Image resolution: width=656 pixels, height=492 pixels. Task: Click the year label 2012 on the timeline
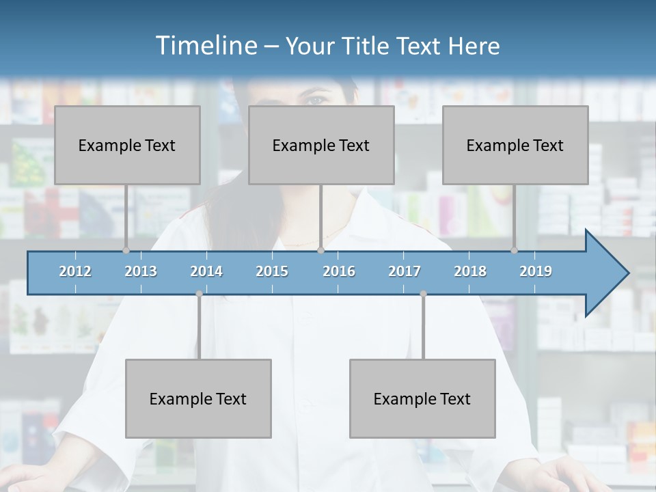pyautogui.click(x=75, y=271)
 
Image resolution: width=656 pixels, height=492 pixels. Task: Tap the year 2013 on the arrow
pyautogui.click(x=141, y=271)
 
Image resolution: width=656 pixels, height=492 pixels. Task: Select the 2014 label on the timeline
pyautogui.click(x=206, y=271)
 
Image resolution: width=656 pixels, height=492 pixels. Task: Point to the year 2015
pyautogui.click(x=272, y=271)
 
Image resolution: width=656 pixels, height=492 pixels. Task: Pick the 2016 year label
pyautogui.click(x=339, y=271)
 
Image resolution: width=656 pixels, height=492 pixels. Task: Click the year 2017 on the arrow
pyautogui.click(x=405, y=271)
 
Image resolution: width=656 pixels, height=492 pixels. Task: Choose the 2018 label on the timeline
pyautogui.click(x=470, y=271)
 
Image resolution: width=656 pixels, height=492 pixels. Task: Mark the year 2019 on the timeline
pyautogui.click(x=536, y=271)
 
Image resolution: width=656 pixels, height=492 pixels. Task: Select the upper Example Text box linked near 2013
pyautogui.click(x=127, y=145)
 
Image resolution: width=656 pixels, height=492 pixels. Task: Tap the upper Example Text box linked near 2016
pyautogui.click(x=321, y=145)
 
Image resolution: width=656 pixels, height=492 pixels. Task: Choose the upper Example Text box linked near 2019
pyautogui.click(x=515, y=145)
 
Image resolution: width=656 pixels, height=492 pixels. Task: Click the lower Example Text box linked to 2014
pyautogui.click(x=198, y=398)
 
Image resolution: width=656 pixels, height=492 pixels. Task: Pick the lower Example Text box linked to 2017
pyautogui.click(x=422, y=398)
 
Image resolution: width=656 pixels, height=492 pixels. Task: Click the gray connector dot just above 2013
pyautogui.click(x=126, y=250)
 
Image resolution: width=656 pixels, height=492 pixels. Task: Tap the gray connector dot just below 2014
pyautogui.click(x=199, y=294)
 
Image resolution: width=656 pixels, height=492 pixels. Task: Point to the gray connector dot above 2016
pyautogui.click(x=320, y=250)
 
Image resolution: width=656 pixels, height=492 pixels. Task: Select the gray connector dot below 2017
pyautogui.click(x=423, y=294)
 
